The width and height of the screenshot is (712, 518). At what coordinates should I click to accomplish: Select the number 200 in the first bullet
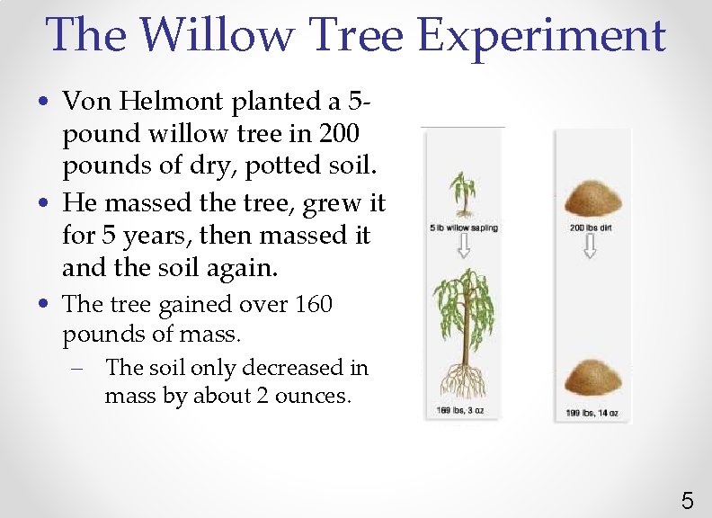(x=335, y=133)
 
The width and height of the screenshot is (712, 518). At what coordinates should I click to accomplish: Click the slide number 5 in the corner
(x=687, y=499)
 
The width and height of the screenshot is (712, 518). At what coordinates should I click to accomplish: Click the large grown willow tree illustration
(x=464, y=310)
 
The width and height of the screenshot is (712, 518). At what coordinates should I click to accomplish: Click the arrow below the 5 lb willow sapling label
(x=464, y=248)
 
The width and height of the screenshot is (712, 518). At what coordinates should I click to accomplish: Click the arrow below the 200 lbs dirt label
(x=590, y=248)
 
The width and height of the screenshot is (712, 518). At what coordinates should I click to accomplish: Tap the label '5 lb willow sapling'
(x=464, y=228)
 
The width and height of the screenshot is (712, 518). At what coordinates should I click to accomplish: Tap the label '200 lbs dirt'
(x=591, y=228)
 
